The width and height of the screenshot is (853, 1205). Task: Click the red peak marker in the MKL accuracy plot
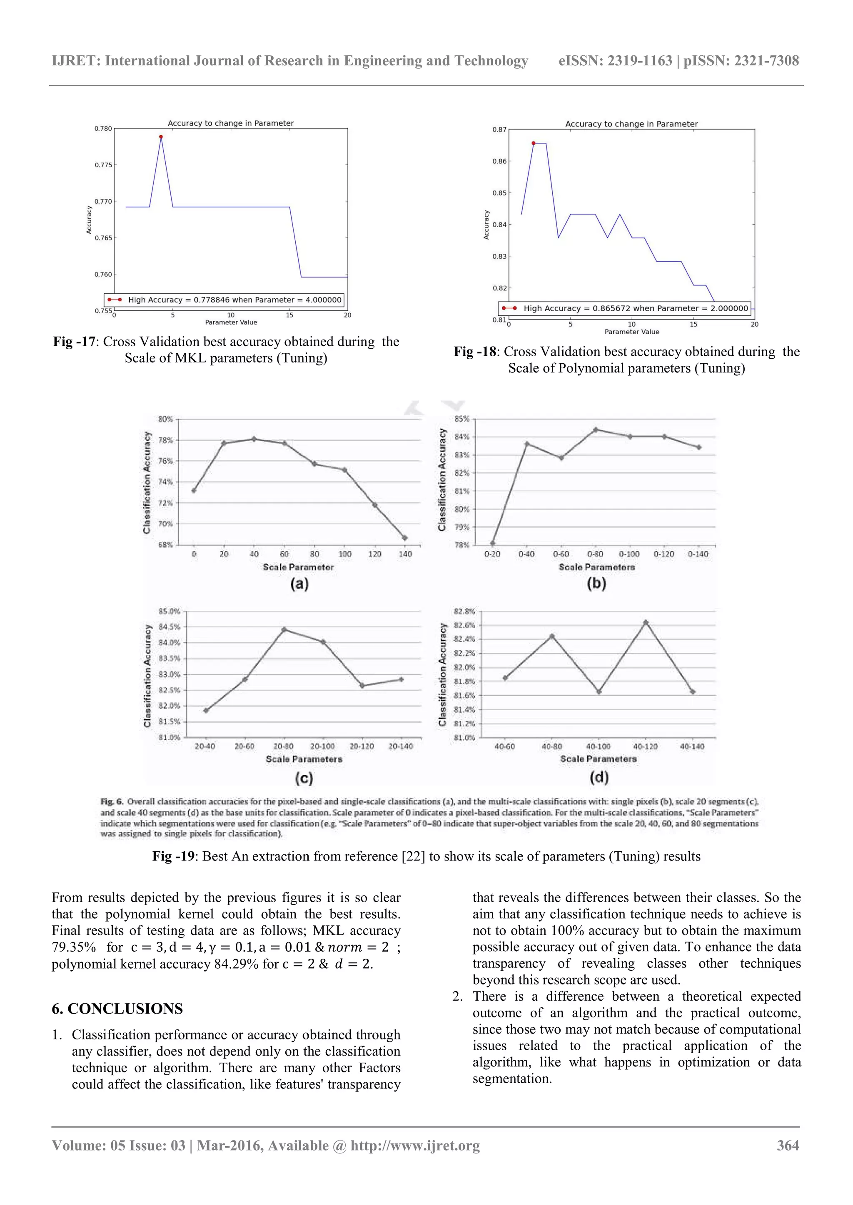tap(161, 136)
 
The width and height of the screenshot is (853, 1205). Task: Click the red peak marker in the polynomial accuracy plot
tap(533, 143)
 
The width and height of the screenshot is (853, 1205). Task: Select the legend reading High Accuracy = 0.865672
tap(625, 308)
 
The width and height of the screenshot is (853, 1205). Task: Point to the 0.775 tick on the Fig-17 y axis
tap(103, 165)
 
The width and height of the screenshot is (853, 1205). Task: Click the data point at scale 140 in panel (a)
tap(404, 538)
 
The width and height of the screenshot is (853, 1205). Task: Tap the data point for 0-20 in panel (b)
tap(493, 543)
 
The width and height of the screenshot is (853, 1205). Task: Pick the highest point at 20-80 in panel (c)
tap(284, 629)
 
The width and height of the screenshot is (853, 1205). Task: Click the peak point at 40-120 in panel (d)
tap(646, 622)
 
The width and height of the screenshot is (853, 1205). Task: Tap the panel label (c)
tap(304, 778)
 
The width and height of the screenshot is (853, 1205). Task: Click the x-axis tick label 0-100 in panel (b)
tap(629, 554)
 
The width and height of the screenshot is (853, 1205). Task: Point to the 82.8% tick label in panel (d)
tap(464, 611)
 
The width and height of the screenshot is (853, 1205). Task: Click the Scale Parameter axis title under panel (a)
tap(298, 567)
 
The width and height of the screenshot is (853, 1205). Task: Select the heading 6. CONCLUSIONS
tap(117, 1008)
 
